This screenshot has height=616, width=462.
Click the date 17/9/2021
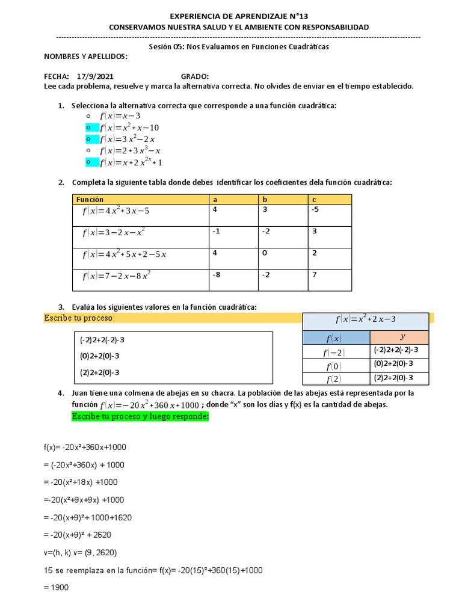click(x=94, y=76)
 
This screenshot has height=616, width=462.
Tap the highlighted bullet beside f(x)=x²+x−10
click(x=88, y=128)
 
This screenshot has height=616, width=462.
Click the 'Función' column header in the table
click(x=90, y=199)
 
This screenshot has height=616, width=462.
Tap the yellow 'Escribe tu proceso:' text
click(x=79, y=318)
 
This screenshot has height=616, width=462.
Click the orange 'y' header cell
click(x=399, y=337)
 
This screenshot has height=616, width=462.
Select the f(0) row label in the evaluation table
click(x=334, y=366)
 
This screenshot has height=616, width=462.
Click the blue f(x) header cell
click(x=334, y=337)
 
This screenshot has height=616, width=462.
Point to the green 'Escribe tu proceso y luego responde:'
click(x=140, y=416)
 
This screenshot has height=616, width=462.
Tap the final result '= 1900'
click(x=57, y=587)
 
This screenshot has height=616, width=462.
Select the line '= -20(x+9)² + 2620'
click(x=78, y=535)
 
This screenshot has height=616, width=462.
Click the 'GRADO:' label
click(x=195, y=76)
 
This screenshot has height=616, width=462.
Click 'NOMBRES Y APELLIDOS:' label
click(x=86, y=56)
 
